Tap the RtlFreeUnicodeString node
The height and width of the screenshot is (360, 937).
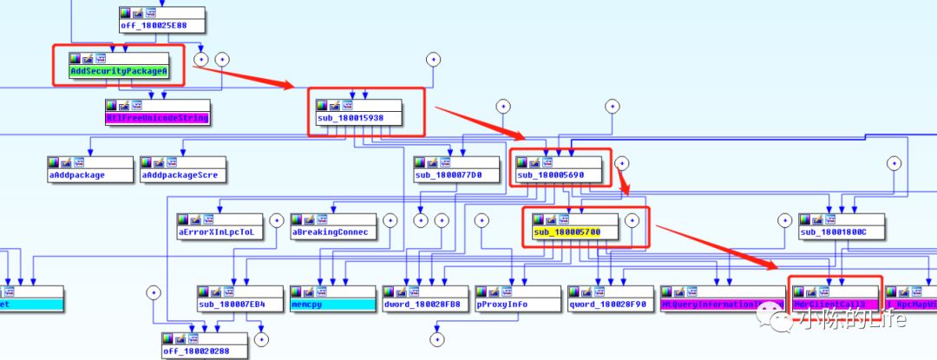point(157,116)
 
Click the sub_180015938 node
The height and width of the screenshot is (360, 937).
point(365,116)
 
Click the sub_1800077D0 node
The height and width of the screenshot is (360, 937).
point(456,175)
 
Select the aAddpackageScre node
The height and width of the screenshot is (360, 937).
point(183,175)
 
